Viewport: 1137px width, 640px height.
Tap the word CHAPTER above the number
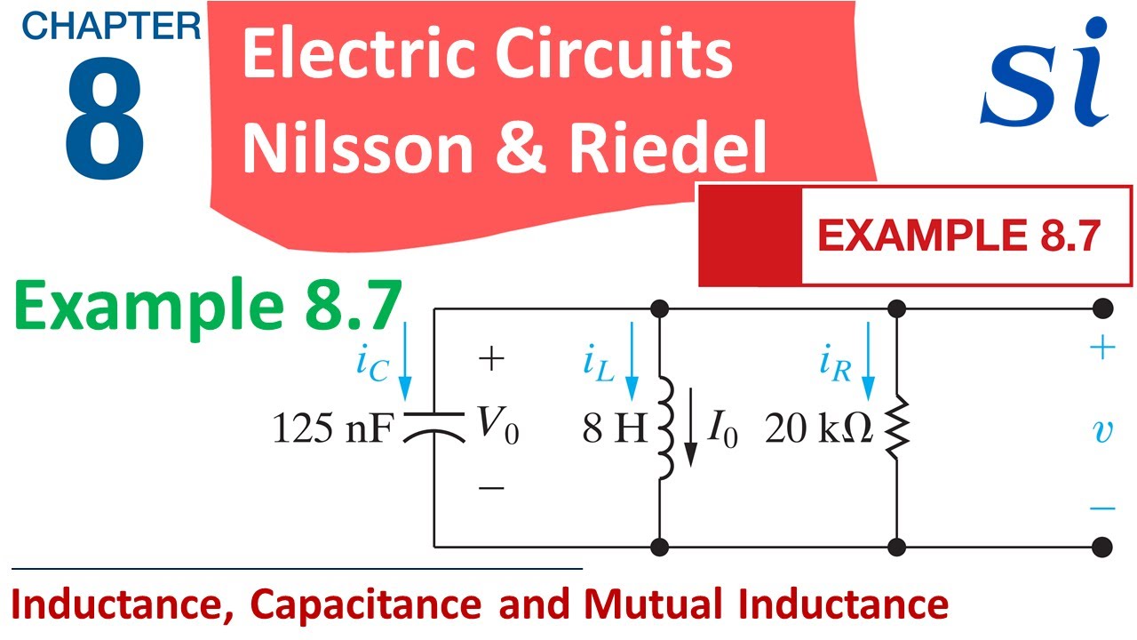click(111, 26)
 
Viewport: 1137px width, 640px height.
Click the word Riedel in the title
click(667, 148)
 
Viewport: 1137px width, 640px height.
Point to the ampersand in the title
click(521, 148)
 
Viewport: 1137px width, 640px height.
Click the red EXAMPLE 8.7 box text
click(958, 236)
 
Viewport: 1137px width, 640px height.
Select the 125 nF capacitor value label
click(333, 428)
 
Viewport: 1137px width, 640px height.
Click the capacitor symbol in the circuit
click(434, 428)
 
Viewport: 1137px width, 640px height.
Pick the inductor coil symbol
click(666, 428)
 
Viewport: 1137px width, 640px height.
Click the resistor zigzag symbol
click(897, 428)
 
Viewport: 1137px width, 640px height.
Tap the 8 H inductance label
click(615, 428)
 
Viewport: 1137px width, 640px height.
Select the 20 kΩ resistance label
click(819, 428)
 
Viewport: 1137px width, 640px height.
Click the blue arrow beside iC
click(404, 361)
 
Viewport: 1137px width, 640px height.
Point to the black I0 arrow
click(690, 428)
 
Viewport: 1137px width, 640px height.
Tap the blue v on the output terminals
click(1102, 432)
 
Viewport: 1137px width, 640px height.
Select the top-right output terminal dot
click(1102, 308)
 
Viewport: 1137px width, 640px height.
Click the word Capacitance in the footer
click(365, 604)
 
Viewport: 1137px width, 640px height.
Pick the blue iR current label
click(835, 364)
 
